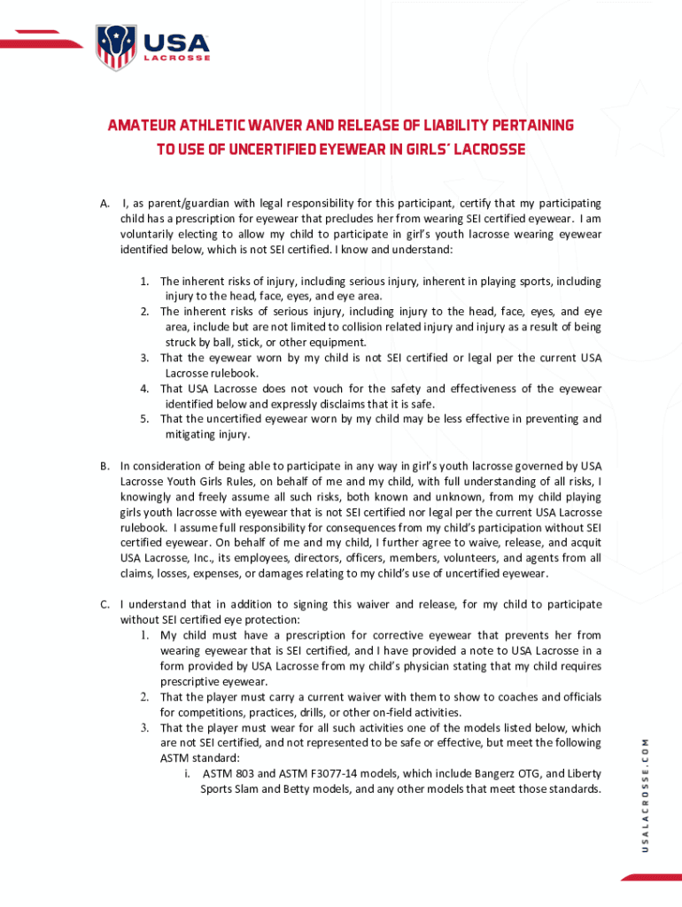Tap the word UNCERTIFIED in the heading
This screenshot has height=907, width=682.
tap(246, 150)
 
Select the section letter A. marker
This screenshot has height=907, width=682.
tap(105, 204)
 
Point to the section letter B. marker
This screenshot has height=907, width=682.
tap(105, 465)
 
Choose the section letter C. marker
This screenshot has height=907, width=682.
tap(105, 604)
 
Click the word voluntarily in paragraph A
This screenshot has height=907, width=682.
tap(151, 235)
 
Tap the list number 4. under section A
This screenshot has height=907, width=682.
tap(144, 389)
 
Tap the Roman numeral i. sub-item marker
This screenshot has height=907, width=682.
tap(189, 773)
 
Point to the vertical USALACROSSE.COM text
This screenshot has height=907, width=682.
tap(646, 794)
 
